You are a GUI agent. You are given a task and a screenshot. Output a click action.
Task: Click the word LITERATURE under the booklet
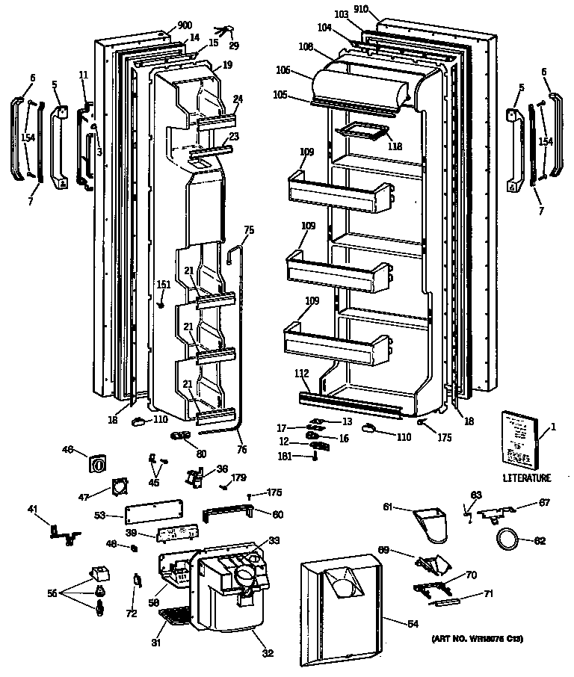[526, 477]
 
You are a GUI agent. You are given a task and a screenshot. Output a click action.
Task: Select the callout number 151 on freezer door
[164, 284]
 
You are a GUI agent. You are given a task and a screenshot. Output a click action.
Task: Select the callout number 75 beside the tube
[249, 229]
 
